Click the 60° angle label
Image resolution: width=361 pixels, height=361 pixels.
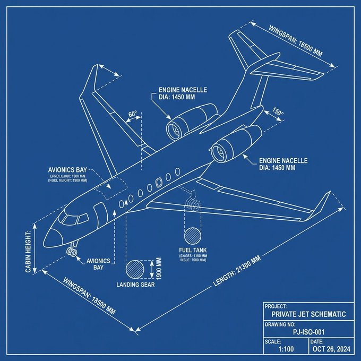(132, 114)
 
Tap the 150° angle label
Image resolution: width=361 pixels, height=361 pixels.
(278, 113)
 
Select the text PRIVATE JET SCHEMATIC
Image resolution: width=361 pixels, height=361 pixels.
(308, 314)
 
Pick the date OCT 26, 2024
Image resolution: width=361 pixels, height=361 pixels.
(333, 349)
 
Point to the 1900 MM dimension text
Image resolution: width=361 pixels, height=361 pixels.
(157, 268)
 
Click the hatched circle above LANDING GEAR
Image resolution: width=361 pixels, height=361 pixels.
(136, 269)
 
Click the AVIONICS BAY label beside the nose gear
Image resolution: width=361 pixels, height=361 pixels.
(98, 264)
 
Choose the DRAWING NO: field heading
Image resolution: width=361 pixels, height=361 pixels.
(282, 323)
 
